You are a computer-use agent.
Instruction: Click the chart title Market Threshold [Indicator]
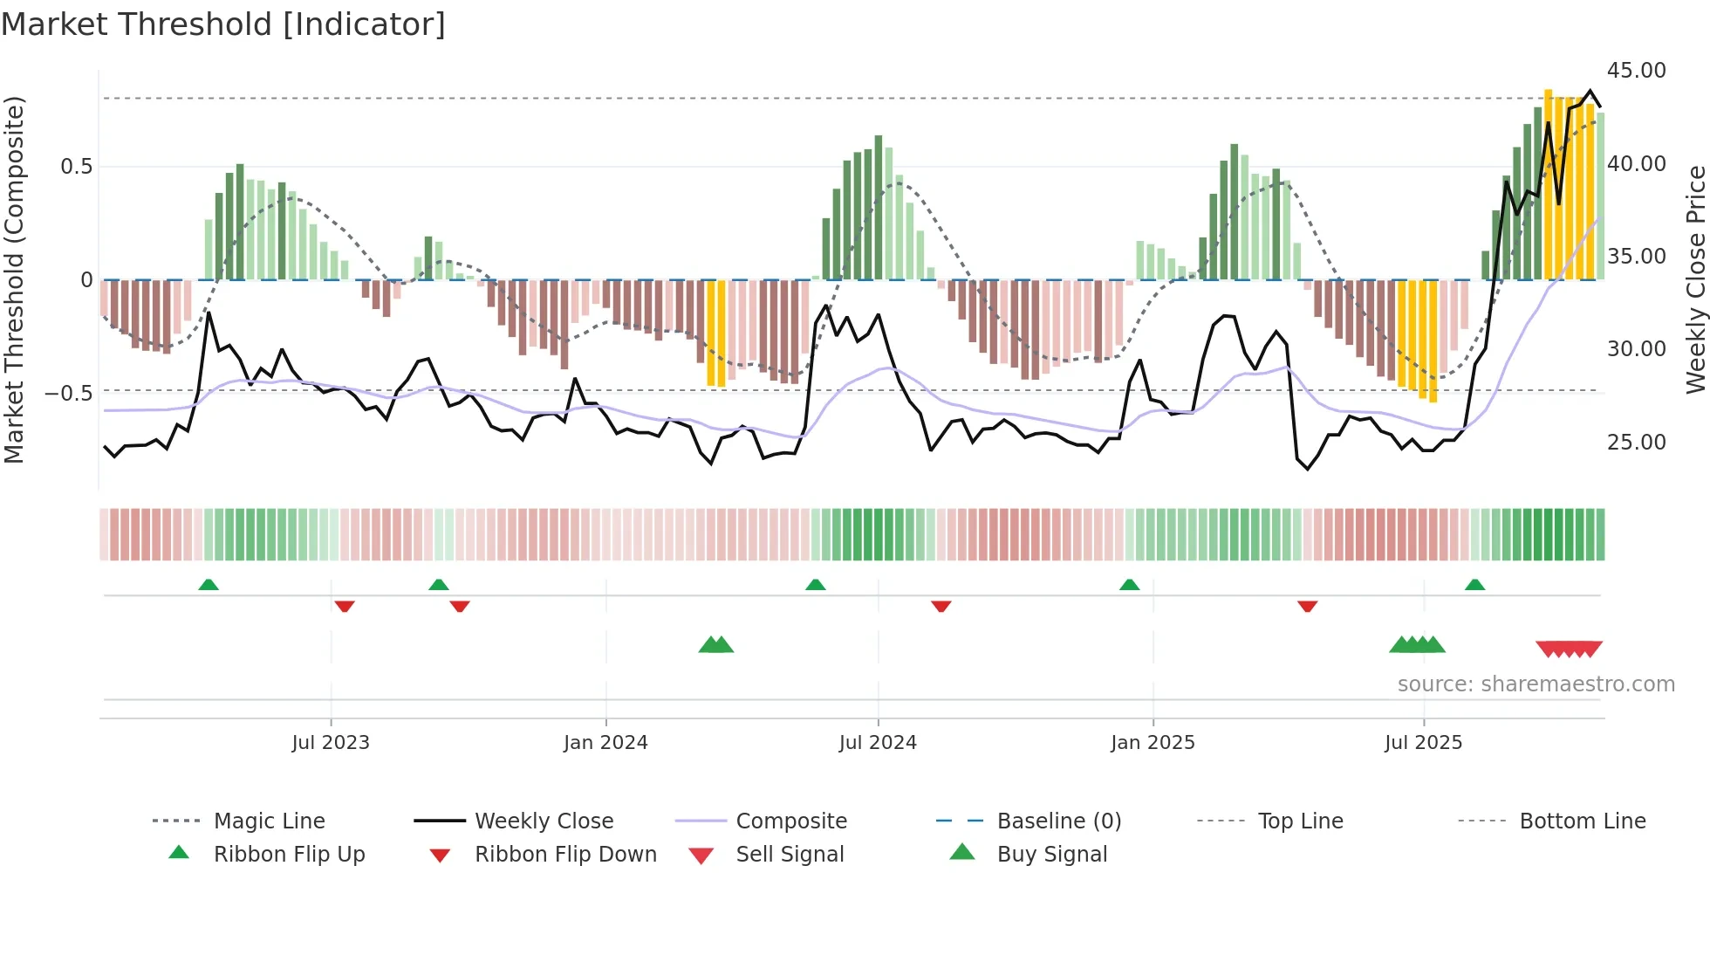223,24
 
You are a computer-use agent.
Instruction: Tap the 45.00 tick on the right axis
1636,71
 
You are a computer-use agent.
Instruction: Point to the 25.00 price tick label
1636,443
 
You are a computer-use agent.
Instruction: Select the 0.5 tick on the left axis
77,167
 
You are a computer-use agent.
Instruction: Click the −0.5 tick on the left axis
69,394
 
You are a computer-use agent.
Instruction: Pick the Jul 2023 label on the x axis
331,743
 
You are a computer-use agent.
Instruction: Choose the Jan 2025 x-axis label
1153,743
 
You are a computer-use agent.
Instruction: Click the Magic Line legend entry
269,821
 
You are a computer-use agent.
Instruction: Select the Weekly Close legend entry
544,821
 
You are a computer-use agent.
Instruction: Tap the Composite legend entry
791,821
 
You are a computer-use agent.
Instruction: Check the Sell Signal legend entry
790,855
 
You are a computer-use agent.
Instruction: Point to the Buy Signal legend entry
1052,855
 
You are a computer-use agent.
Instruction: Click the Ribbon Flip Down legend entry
565,855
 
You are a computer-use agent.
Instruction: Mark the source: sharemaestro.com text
1536,684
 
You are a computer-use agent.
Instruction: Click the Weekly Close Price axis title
1695,279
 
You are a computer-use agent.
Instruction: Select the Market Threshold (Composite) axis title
14,279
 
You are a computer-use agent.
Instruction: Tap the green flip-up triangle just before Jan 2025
1129,585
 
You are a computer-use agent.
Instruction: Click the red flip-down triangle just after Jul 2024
940,606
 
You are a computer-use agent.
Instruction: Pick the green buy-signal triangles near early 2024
716,645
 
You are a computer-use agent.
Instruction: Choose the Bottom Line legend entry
1582,821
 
